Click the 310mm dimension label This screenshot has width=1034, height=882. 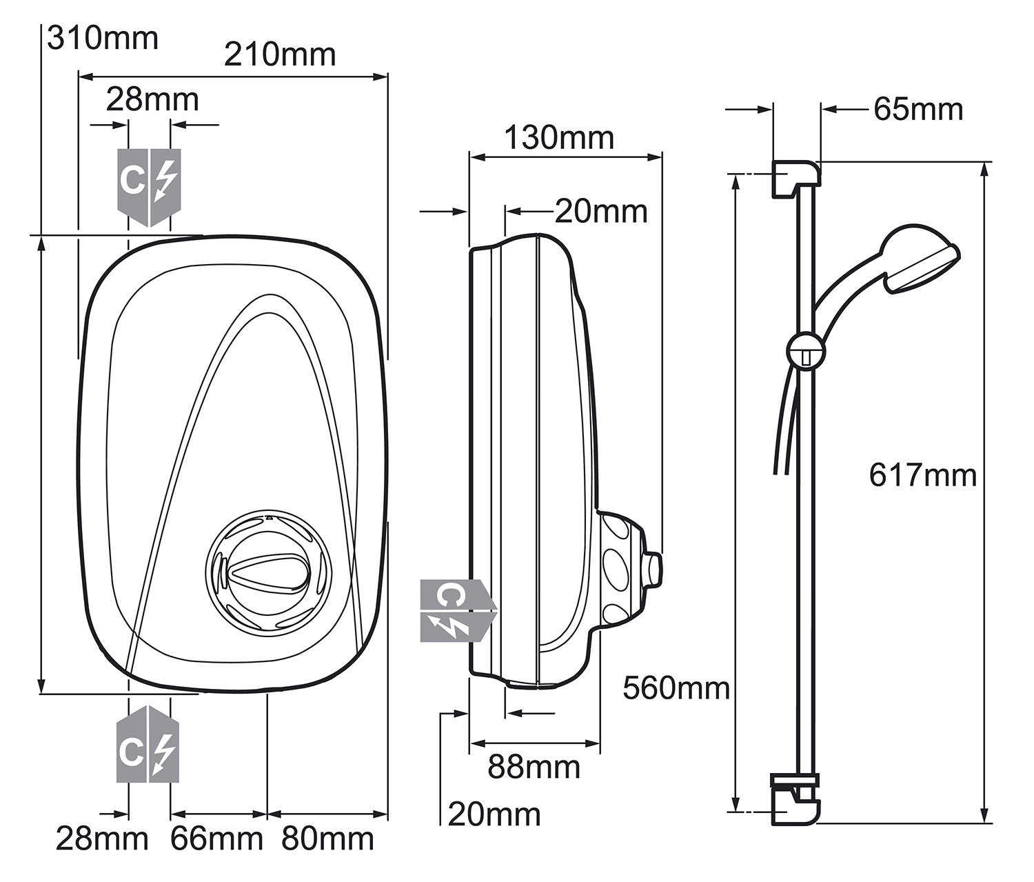point(103,38)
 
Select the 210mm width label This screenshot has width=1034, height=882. point(280,55)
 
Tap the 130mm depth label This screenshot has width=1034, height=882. point(559,137)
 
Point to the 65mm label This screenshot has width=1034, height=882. point(918,109)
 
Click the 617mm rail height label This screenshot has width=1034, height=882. point(922,475)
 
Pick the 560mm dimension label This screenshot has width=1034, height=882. point(676,688)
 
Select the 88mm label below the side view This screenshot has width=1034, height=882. point(534,767)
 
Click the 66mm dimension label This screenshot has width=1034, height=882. point(217,839)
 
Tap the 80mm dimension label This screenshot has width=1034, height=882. point(327,839)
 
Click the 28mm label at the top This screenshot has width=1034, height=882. point(152,100)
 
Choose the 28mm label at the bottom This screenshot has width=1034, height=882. point(102,839)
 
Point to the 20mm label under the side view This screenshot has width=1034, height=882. point(494,814)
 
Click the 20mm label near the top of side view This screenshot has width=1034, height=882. point(601,212)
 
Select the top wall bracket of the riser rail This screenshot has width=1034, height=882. point(795,177)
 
